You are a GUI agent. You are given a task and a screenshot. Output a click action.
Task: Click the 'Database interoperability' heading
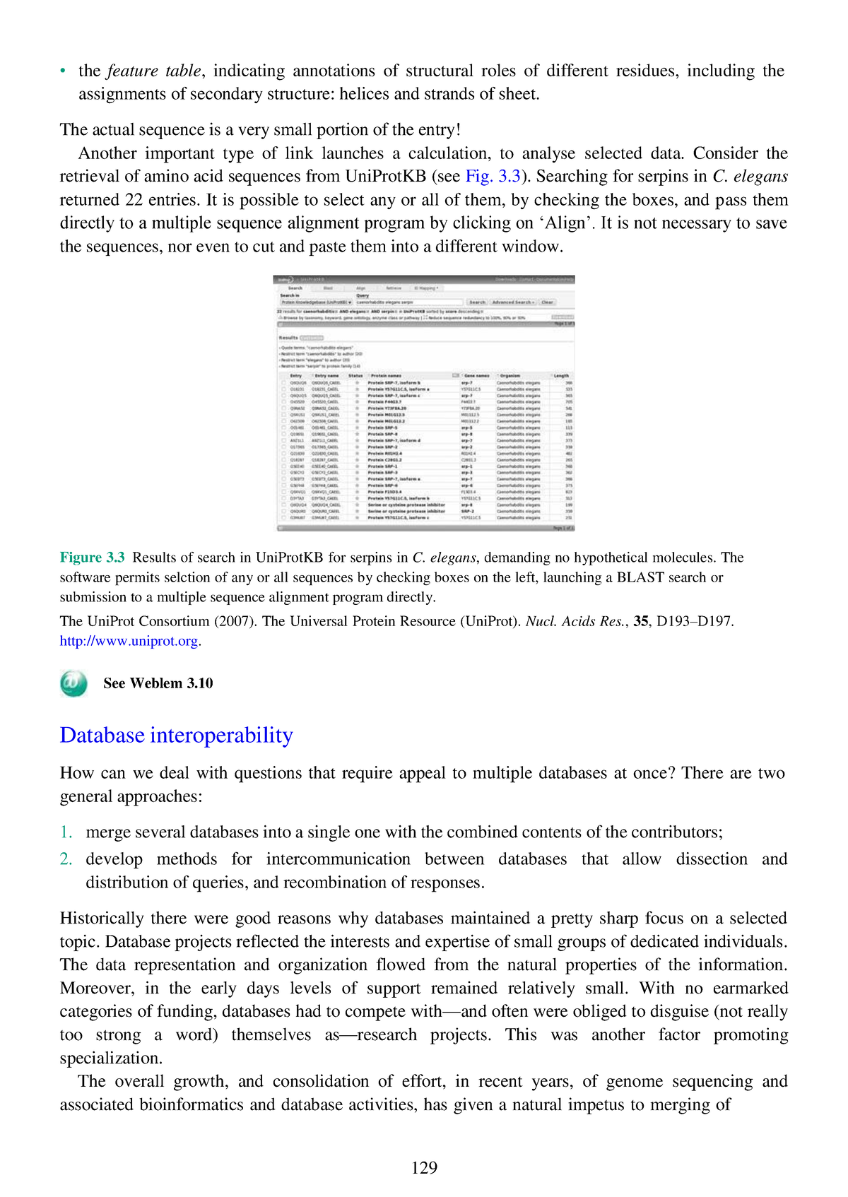[176, 735]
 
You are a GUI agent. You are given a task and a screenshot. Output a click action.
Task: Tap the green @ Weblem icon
[73, 683]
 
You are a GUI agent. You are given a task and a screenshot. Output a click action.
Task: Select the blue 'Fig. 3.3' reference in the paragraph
[493, 176]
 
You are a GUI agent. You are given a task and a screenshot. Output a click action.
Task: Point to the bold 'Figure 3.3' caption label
[92, 557]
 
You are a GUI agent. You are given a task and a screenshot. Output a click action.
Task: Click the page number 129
[424, 1167]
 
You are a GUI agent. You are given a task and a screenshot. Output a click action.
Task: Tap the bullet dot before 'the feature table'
[63, 71]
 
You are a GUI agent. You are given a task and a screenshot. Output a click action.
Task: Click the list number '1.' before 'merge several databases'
[66, 832]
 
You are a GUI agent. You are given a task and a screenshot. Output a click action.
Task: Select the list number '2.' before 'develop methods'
[66, 859]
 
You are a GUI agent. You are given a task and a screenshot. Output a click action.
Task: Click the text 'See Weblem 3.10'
[158, 683]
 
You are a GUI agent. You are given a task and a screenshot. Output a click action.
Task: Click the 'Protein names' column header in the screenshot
[386, 376]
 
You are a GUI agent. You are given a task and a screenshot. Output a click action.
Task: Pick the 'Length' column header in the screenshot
[561, 376]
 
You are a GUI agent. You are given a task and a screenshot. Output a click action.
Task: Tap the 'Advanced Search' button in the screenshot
[513, 302]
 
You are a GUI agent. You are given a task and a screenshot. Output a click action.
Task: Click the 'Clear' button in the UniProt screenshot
[548, 302]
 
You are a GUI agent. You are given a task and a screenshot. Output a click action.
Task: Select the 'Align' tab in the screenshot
[360, 288]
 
